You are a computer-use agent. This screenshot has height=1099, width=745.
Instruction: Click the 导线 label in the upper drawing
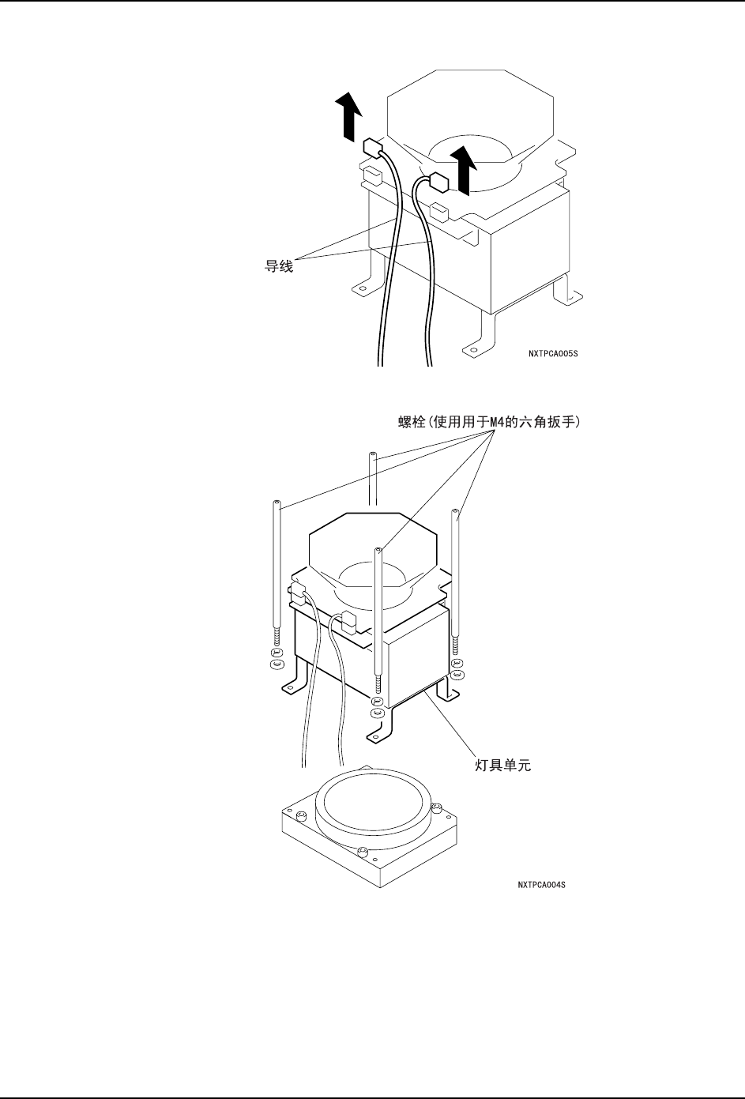click(277, 267)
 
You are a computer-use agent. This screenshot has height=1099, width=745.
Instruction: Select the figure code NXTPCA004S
click(540, 885)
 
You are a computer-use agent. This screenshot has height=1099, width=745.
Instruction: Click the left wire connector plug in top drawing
click(371, 147)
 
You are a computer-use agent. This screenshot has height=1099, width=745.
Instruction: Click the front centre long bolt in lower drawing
click(380, 616)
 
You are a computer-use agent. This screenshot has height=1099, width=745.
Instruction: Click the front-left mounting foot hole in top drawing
click(361, 290)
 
